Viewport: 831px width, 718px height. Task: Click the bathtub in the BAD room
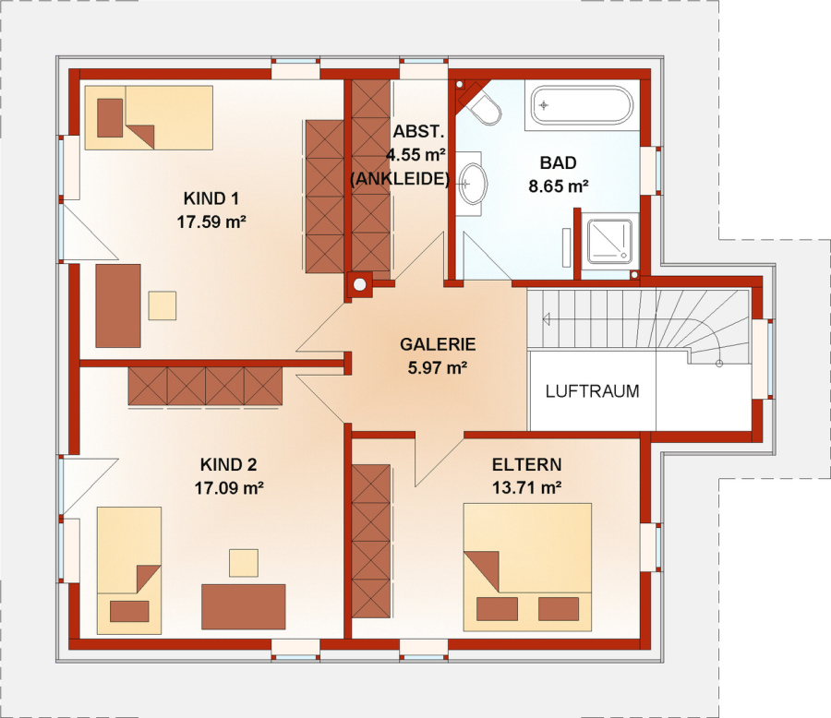[x=582, y=105]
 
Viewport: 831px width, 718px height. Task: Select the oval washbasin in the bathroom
[x=472, y=184]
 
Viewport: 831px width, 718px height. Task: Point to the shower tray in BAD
[x=609, y=241]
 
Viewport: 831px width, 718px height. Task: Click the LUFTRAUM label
[x=592, y=391]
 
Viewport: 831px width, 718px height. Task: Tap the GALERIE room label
[x=438, y=344]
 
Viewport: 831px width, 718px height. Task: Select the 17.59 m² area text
[x=211, y=221]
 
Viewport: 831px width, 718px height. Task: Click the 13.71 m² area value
[x=527, y=487]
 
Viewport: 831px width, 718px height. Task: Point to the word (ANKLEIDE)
[x=400, y=178]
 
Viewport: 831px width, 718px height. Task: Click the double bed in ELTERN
[x=527, y=567]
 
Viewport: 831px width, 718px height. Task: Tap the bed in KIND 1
[x=149, y=117]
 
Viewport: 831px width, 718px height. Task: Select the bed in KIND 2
[x=128, y=570]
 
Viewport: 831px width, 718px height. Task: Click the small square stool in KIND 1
[x=163, y=305]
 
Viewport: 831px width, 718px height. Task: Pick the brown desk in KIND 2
[x=243, y=606]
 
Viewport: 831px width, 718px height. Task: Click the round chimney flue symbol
[x=359, y=284]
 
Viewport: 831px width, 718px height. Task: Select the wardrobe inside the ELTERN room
[x=371, y=541]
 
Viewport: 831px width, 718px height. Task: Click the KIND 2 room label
[x=228, y=465]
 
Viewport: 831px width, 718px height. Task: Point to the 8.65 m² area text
[x=559, y=186]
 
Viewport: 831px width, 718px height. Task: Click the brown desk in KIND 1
[x=118, y=305]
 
